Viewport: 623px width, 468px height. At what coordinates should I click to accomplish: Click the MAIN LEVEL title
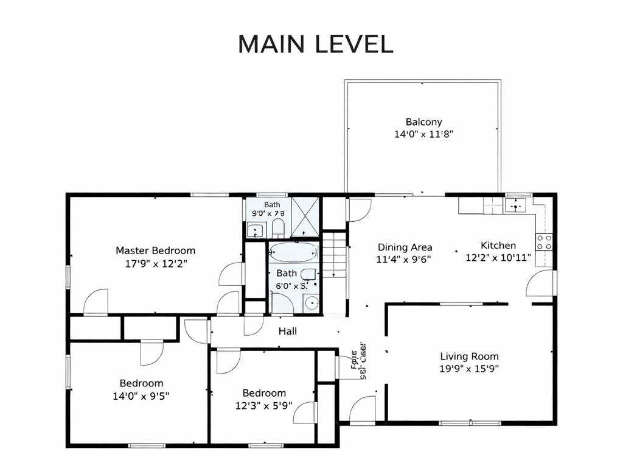[x=315, y=44]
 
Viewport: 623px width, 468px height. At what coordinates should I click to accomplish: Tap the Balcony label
[x=423, y=122]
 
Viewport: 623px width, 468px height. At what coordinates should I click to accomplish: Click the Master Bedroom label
[x=155, y=250]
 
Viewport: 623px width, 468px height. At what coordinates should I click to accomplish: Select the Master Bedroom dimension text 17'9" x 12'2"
[x=155, y=263]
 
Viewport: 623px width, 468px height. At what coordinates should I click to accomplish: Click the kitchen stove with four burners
[x=544, y=242]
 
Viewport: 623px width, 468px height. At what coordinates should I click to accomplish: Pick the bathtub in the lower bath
[x=293, y=252]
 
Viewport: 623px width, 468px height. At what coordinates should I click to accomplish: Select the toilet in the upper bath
[x=278, y=229]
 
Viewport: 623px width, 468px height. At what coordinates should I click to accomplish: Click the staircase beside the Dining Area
[x=334, y=258]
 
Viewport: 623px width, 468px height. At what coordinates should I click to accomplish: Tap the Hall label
[x=288, y=331]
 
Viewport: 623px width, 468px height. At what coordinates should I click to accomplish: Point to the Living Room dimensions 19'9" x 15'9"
[x=469, y=368]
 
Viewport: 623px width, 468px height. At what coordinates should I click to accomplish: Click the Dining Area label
[x=405, y=247]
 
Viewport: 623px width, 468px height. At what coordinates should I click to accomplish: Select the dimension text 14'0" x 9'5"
[x=141, y=395]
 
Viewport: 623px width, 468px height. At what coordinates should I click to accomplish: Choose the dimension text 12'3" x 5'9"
[x=264, y=405]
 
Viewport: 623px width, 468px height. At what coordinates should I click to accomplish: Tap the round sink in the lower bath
[x=312, y=303]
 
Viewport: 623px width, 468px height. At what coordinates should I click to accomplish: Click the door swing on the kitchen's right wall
[x=541, y=284]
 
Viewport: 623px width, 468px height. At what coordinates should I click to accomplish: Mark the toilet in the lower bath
[x=308, y=275]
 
